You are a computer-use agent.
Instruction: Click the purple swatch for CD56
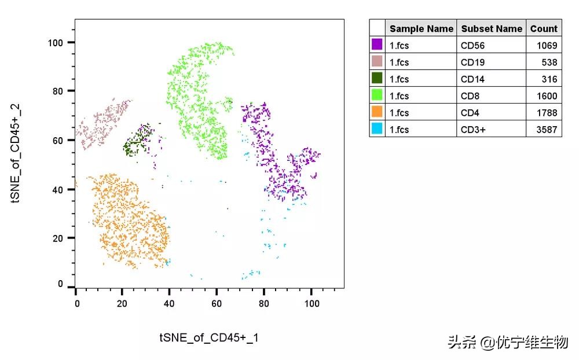377,45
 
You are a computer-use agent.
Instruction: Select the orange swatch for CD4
377,112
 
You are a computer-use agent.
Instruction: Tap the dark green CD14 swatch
377,78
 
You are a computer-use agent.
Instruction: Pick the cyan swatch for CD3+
377,129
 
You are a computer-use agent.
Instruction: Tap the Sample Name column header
421,28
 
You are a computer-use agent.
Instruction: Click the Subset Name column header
492,28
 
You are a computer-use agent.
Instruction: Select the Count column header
544,28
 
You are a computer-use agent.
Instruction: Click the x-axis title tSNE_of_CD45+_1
209,337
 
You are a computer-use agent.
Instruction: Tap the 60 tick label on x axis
217,303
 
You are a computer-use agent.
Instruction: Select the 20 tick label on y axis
61,238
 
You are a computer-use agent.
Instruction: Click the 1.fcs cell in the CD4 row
399,113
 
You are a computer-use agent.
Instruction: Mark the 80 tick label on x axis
263,303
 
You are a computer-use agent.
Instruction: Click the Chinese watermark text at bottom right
508,342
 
